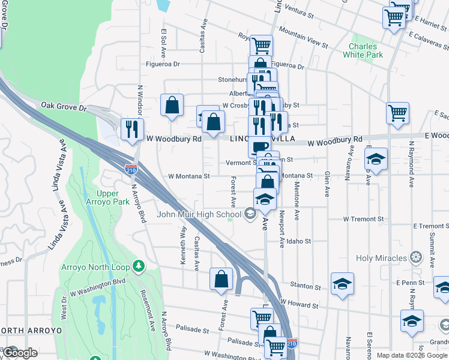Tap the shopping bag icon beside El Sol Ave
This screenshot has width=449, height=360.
click(172, 105)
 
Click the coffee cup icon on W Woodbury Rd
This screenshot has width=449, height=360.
click(259, 146)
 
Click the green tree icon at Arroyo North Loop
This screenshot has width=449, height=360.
click(139, 265)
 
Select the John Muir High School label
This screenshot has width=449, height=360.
click(199, 214)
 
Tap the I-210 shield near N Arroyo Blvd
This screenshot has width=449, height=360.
click(130, 169)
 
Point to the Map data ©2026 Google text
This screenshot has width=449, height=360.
click(412, 355)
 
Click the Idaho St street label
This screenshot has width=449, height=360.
click(299, 241)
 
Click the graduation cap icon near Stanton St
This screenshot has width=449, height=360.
click(342, 284)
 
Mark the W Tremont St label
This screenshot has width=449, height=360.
click(363, 220)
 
